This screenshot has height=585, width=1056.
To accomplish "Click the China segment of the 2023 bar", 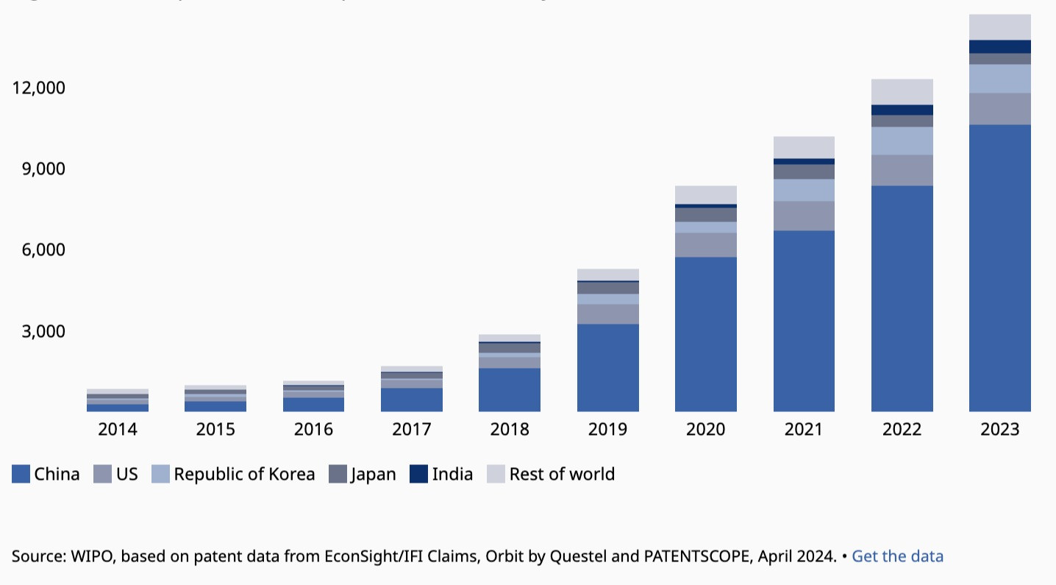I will click(x=999, y=268).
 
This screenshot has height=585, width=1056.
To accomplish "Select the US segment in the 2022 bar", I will click(x=902, y=170).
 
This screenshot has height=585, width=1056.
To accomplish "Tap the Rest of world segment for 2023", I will click(x=999, y=26).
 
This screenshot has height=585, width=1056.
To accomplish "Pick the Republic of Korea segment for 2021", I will click(x=804, y=190).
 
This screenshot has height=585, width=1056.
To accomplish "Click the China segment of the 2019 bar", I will click(x=607, y=367).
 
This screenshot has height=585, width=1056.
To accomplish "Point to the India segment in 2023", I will click(x=999, y=46).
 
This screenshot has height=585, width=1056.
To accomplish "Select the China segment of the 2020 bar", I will click(x=705, y=334).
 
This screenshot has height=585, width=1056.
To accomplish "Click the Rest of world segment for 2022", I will click(x=902, y=91).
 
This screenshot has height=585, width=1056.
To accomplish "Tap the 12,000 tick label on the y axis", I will click(x=39, y=88).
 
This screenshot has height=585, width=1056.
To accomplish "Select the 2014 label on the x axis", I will click(x=118, y=429).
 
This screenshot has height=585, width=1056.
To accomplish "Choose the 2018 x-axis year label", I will click(x=510, y=429).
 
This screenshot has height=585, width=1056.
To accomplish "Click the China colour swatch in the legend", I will click(x=21, y=474).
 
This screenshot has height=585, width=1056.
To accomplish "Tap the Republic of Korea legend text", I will click(x=244, y=474).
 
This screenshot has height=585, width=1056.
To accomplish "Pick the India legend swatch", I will click(x=418, y=474).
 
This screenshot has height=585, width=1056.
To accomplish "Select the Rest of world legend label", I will click(x=562, y=474).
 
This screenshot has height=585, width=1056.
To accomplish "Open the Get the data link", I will click(x=897, y=556).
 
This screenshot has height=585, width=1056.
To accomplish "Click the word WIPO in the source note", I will click(x=86, y=556).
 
